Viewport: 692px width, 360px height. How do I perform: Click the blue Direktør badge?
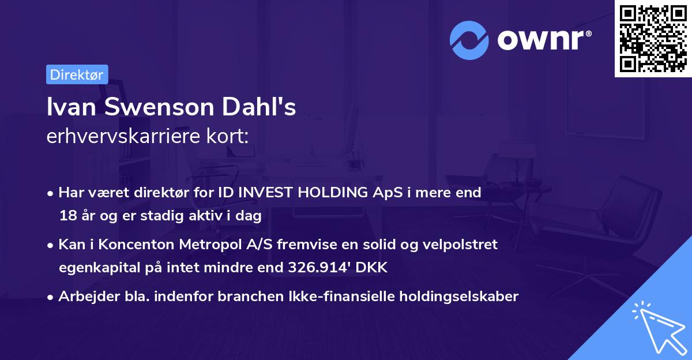(x=77, y=74)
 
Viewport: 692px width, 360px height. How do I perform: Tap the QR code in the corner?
(x=653, y=39)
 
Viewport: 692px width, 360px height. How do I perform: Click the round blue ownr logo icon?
(x=469, y=40)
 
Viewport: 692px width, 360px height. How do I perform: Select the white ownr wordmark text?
(x=544, y=40)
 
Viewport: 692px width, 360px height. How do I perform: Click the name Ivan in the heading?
(x=72, y=107)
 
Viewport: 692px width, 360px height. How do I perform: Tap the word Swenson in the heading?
(x=159, y=107)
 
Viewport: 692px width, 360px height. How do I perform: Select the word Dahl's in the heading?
(x=259, y=107)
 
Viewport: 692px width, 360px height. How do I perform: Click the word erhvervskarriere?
(x=123, y=136)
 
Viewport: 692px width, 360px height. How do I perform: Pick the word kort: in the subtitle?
(x=228, y=136)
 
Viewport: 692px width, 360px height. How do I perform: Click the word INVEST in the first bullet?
(x=265, y=192)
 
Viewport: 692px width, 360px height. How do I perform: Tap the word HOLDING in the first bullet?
(x=333, y=192)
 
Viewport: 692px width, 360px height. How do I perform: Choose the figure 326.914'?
(x=319, y=267)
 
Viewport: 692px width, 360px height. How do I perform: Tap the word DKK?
(x=371, y=267)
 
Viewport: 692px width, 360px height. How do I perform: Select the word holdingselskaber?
(x=459, y=297)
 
